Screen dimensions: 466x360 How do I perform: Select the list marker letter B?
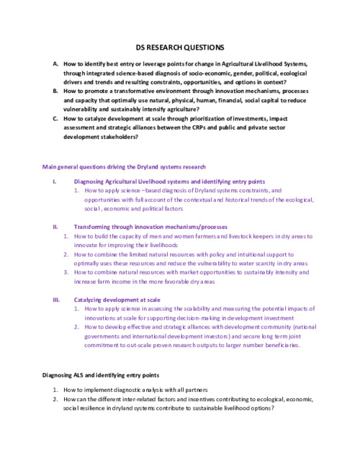pos(55,91)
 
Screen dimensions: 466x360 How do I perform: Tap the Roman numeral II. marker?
pos(55,226)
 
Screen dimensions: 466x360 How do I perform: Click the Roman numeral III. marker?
pos(56,298)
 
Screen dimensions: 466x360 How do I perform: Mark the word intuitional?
pos(240,254)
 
